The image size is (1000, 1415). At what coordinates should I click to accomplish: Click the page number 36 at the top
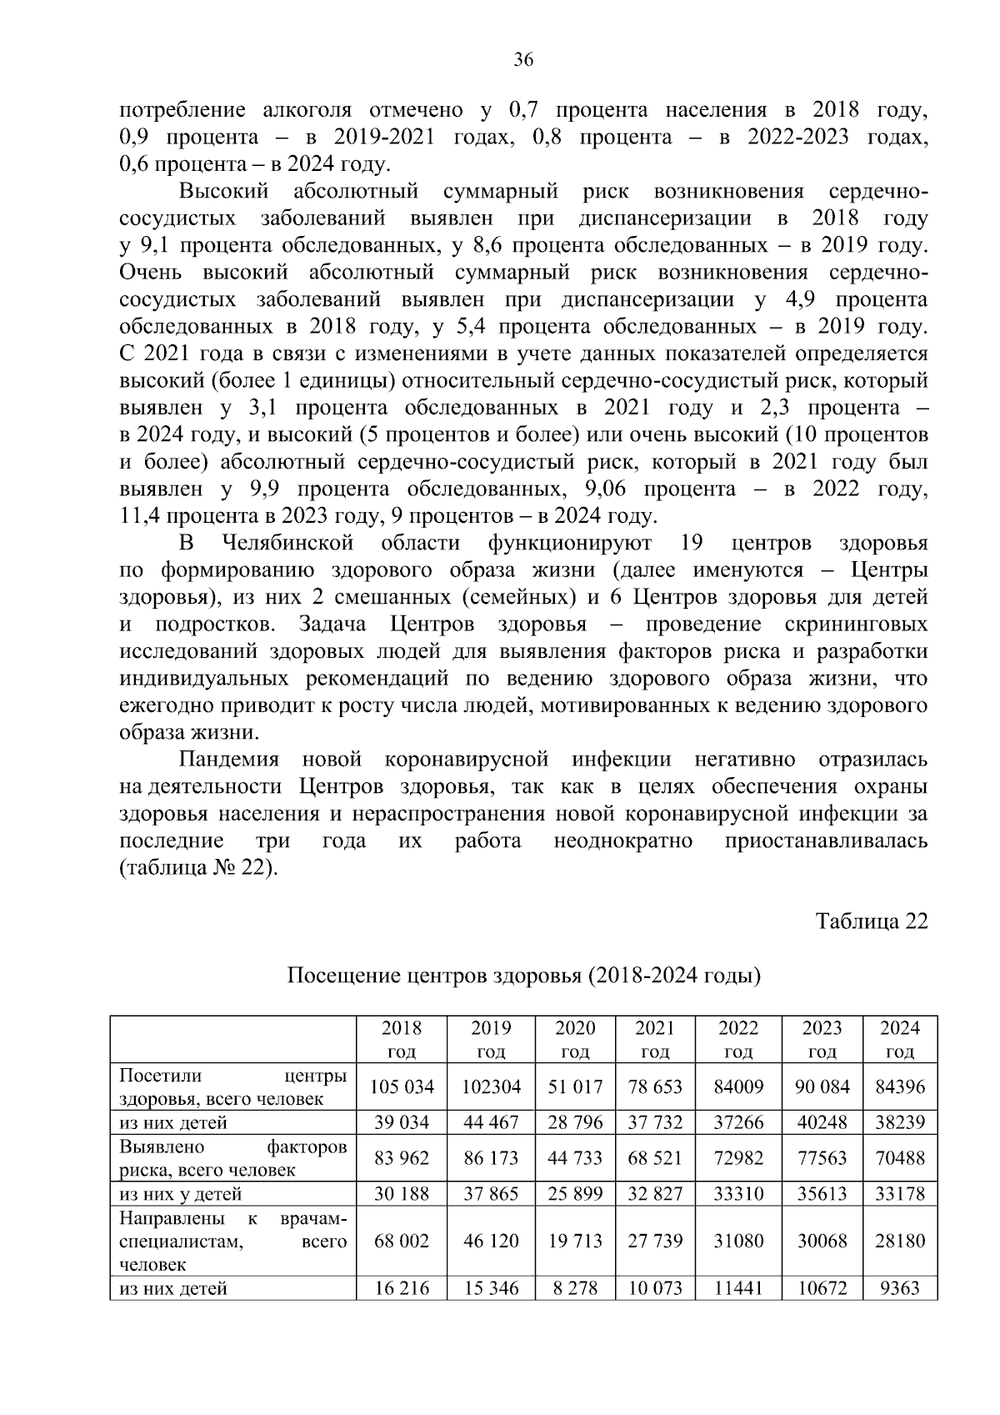[523, 59]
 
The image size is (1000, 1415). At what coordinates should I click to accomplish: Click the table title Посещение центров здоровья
[523, 975]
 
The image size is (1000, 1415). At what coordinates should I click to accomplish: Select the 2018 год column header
[402, 1039]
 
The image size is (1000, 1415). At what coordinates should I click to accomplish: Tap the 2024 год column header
[900, 1039]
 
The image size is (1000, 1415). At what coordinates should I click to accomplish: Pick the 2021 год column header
[654, 1039]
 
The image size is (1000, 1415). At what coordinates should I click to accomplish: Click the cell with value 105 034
[402, 1086]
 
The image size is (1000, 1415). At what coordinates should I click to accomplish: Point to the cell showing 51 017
[575, 1086]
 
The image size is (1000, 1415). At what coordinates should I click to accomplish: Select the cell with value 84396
[900, 1086]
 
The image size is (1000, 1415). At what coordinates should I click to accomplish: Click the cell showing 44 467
[491, 1122]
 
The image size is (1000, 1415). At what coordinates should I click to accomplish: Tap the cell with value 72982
[738, 1157]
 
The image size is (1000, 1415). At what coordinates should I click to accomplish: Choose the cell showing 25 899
[575, 1193]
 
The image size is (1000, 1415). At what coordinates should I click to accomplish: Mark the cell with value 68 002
[402, 1241]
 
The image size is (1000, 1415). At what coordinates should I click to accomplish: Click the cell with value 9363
[900, 1288]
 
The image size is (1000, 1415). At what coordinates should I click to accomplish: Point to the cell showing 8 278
[575, 1288]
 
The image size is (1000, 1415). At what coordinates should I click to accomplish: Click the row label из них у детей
[180, 1193]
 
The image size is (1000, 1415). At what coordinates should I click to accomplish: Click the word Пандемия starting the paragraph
[231, 760]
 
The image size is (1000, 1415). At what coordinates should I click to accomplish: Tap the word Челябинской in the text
[288, 544]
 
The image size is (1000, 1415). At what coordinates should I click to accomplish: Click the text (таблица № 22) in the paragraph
[197, 867]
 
